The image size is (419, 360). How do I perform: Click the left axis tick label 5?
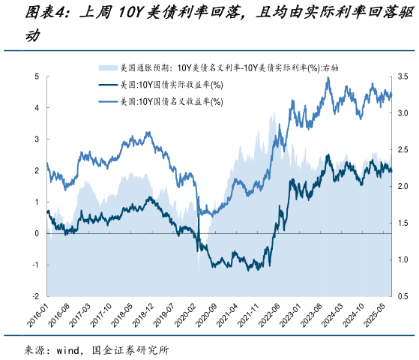37,76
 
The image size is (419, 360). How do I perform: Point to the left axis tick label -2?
35,296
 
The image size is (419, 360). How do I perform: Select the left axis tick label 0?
37,233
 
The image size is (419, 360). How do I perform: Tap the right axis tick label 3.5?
403,76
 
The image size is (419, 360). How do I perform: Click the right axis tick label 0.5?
403,296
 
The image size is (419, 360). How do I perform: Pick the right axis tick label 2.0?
403,187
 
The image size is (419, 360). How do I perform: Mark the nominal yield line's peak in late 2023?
328,78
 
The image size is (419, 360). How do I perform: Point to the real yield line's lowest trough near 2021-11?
267,268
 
